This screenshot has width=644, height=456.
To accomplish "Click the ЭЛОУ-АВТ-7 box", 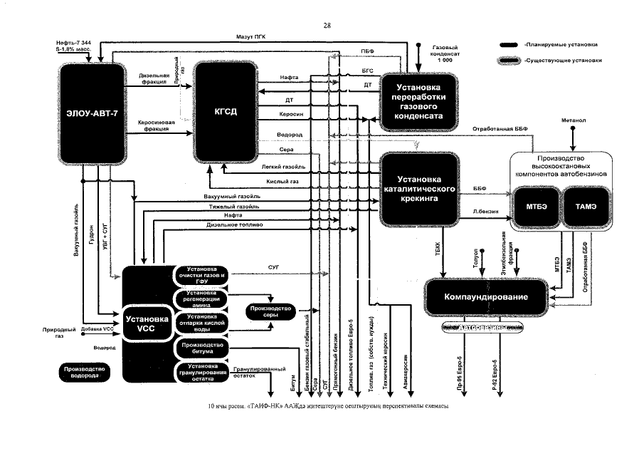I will (95, 113).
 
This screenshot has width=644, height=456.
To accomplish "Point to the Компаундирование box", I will (487, 296).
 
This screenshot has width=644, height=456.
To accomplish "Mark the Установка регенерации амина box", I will (201, 299).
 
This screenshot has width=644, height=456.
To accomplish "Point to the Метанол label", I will (572, 120).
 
